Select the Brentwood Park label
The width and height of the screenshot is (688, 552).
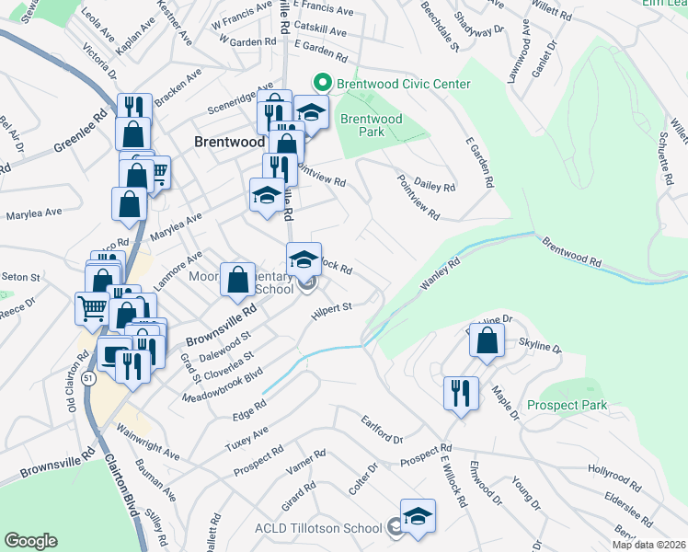(372, 125)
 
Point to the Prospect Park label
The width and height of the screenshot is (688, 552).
(568, 405)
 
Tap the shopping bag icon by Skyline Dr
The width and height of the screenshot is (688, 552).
(487, 339)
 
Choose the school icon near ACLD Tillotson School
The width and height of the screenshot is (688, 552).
(418, 515)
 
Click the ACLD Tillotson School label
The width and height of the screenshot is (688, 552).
(317, 528)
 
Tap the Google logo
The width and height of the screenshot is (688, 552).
(30, 540)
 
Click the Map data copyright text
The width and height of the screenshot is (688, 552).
(649, 545)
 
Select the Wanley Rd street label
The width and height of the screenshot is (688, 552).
(440, 273)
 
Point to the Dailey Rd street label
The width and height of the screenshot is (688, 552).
(435, 187)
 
